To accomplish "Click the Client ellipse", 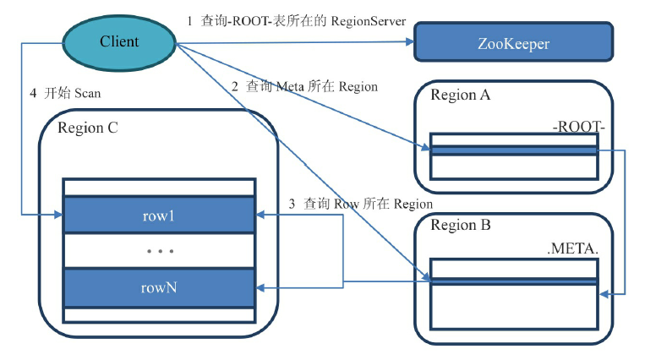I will pyautogui.click(x=119, y=41).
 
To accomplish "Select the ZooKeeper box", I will pyautogui.click(x=512, y=41).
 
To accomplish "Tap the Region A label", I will pyautogui.click(x=460, y=95).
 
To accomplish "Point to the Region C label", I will pyautogui.click(x=88, y=128).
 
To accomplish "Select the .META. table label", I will pyautogui.click(x=574, y=251).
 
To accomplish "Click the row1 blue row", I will pyautogui.click(x=159, y=215).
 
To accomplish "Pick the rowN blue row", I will pyautogui.click(x=159, y=287).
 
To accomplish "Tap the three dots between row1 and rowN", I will pyautogui.click(x=159, y=251).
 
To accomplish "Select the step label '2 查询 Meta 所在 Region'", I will pyautogui.click(x=304, y=86).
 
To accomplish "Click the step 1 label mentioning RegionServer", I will pyautogui.click(x=295, y=20).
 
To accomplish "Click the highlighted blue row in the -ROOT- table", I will pyautogui.click(x=513, y=150).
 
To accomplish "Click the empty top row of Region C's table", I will pyautogui.click(x=159, y=187).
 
